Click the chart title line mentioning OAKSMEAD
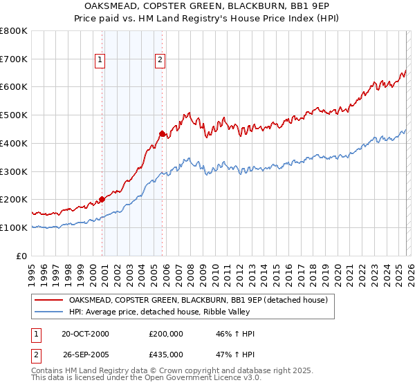click(207, 7)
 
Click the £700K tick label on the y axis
click(14, 59)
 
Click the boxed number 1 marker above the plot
click(101, 60)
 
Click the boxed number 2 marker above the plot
click(160, 60)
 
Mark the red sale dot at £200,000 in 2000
click(102, 199)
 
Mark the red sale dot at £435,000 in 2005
click(162, 133)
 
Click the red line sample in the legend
click(49, 300)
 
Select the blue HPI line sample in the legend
click(49, 312)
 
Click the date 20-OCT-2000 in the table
click(85, 334)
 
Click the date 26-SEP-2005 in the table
click(85, 355)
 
